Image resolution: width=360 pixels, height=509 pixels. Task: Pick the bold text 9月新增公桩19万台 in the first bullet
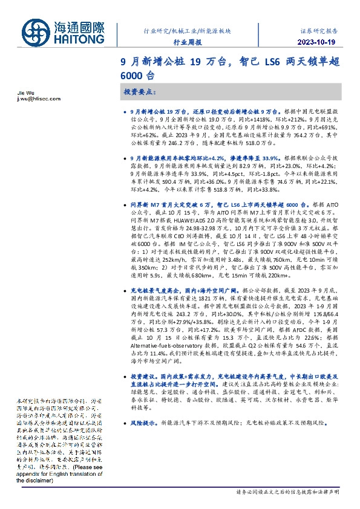(x=152, y=112)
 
